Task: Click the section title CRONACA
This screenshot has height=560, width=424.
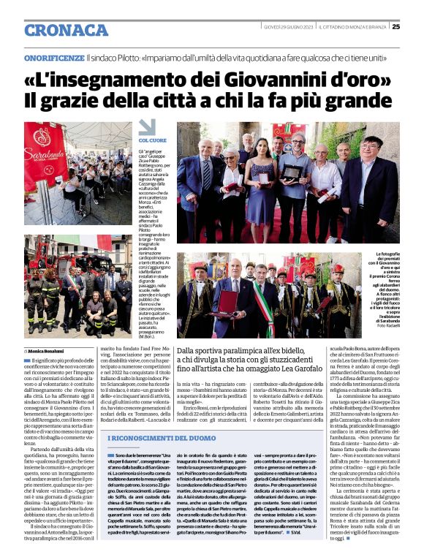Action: click(67, 30)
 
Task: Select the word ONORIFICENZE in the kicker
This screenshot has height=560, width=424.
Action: click(53, 58)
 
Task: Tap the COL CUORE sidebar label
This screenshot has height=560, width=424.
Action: click(153, 140)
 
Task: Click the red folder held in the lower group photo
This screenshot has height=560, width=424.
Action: click(230, 303)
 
